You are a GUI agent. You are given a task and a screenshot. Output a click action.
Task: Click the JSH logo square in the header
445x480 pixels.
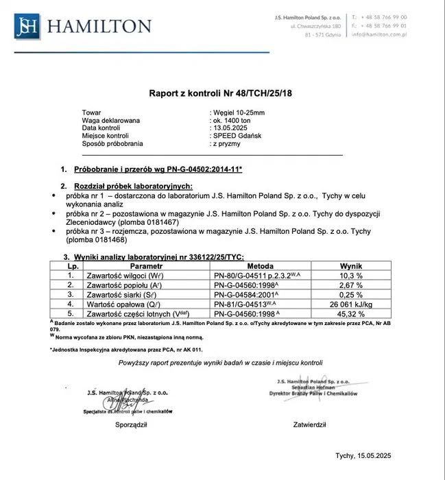28,26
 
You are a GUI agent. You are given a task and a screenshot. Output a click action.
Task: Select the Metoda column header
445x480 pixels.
261,265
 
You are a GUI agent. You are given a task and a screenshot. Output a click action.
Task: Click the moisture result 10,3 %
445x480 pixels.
352,274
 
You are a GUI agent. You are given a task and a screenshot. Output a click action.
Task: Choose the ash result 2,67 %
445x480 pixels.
352,284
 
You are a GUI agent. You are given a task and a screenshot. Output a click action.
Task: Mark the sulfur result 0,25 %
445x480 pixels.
352,293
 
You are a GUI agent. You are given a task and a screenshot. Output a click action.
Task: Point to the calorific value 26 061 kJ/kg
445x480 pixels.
352,303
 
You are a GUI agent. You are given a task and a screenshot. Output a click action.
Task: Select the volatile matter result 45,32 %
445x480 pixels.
352,313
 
